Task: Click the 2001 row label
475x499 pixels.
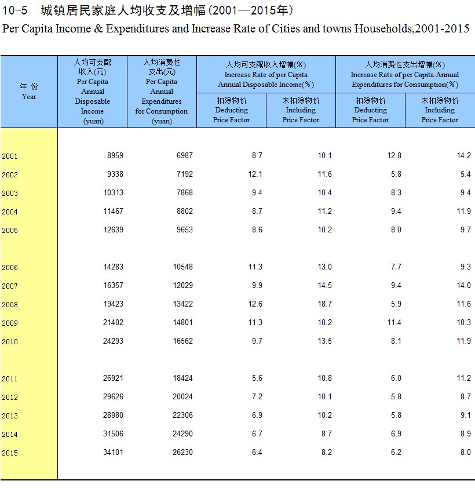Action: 9,156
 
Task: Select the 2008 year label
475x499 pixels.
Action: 9,304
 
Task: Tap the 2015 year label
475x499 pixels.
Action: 9,453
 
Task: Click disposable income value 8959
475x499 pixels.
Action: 115,156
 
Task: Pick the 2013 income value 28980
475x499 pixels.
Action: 113,416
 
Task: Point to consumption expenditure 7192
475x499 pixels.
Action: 185,174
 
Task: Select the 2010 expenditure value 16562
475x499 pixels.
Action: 182,341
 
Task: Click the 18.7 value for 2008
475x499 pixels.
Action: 324,304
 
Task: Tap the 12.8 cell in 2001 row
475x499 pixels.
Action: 394,156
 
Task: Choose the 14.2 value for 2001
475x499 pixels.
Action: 463,156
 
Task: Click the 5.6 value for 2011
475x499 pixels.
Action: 257,378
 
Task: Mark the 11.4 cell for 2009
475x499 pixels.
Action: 394,322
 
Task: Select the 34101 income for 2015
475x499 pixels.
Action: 113,452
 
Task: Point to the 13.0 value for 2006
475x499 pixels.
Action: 324,267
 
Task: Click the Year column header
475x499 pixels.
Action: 29,92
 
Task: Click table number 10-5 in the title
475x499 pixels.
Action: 14,11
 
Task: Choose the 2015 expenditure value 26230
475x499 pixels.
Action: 182,452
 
